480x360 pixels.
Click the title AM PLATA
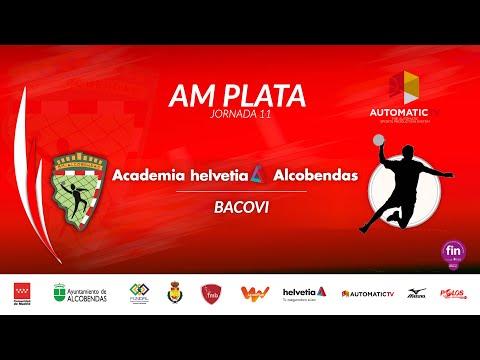236,95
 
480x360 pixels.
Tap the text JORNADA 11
236,116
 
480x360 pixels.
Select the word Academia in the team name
150,175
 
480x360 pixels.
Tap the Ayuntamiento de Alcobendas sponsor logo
82,293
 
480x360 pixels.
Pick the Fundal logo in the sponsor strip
139,293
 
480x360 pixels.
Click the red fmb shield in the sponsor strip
211,293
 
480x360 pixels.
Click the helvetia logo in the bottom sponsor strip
304,292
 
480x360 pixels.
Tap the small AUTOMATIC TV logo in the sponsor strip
367,293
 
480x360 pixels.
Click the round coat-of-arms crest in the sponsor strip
174,292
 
